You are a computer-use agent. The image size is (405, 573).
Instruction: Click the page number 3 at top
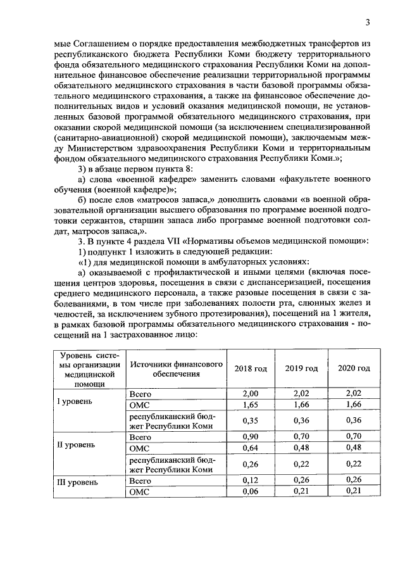(367, 23)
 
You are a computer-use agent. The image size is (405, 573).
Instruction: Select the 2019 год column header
(301, 368)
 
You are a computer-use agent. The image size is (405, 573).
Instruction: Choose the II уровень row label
(76, 444)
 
